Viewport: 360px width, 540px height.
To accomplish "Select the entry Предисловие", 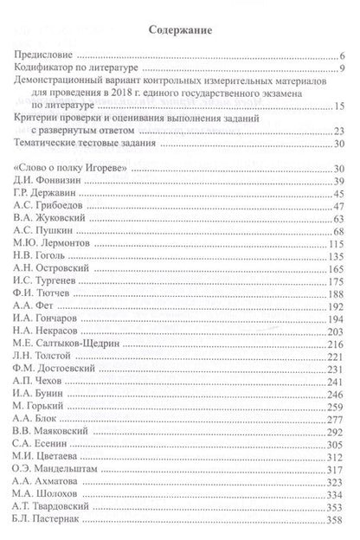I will [x=46, y=54].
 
